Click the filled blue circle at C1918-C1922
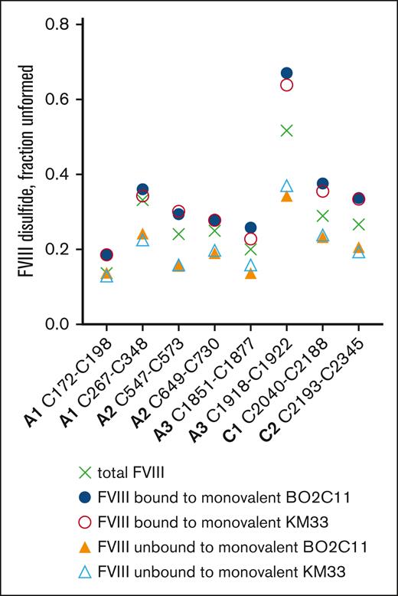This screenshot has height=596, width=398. coord(286,73)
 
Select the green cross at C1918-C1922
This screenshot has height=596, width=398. coord(286,130)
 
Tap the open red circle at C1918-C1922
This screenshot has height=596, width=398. coord(286,84)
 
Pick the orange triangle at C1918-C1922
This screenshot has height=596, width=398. coord(286,197)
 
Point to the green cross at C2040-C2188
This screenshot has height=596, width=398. coord(322,216)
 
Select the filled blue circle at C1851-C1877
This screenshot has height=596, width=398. coord(250,228)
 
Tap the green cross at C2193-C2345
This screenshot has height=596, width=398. coord(358,224)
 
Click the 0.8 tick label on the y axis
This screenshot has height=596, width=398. coord(57,25)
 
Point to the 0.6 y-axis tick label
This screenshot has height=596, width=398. coord(57,100)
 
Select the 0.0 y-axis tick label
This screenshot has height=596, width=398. coord(57,325)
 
